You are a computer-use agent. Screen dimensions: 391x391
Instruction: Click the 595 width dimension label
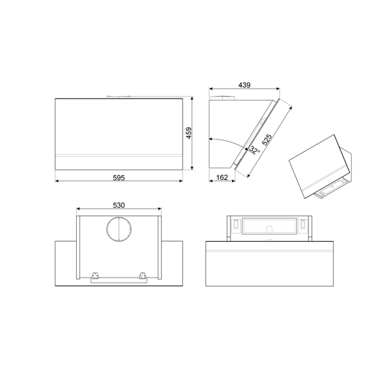click(119, 177)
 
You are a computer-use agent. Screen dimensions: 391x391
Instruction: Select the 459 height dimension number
click(188, 134)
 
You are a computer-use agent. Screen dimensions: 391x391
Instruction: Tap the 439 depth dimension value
click(245, 85)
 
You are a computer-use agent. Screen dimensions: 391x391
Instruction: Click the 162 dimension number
click(221, 178)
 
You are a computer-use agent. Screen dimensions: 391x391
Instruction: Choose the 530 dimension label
click(119, 205)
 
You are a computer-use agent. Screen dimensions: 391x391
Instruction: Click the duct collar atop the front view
click(119, 98)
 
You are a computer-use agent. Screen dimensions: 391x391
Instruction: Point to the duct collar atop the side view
click(227, 98)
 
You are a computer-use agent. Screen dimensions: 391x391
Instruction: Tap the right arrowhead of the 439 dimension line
click(279, 89)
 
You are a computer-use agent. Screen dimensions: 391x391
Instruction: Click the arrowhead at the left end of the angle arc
click(211, 139)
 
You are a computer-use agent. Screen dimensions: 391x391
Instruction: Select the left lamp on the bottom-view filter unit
click(231, 225)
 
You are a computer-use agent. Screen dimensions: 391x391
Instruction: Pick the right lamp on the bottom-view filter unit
click(302, 225)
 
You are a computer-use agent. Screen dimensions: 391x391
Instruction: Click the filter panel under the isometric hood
click(332, 191)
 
